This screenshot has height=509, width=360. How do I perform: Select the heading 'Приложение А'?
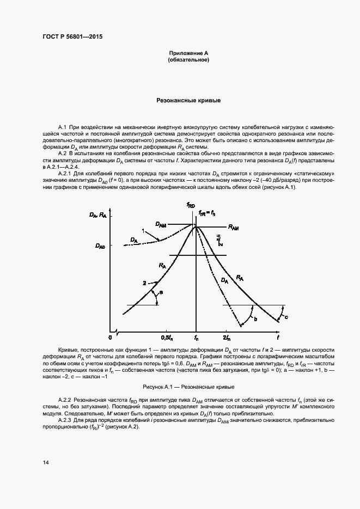tap(188, 53)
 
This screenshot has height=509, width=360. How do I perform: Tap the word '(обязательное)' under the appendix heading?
tap(188, 59)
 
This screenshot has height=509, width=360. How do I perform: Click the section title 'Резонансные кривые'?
tap(188, 101)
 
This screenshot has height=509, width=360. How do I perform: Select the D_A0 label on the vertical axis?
tap(101, 247)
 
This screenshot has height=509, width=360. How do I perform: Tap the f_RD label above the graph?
tap(191, 205)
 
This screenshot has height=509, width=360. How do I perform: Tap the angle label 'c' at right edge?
tap(286, 317)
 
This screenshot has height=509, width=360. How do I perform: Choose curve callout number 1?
tap(143, 231)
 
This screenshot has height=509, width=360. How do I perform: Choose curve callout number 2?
tap(144, 283)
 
